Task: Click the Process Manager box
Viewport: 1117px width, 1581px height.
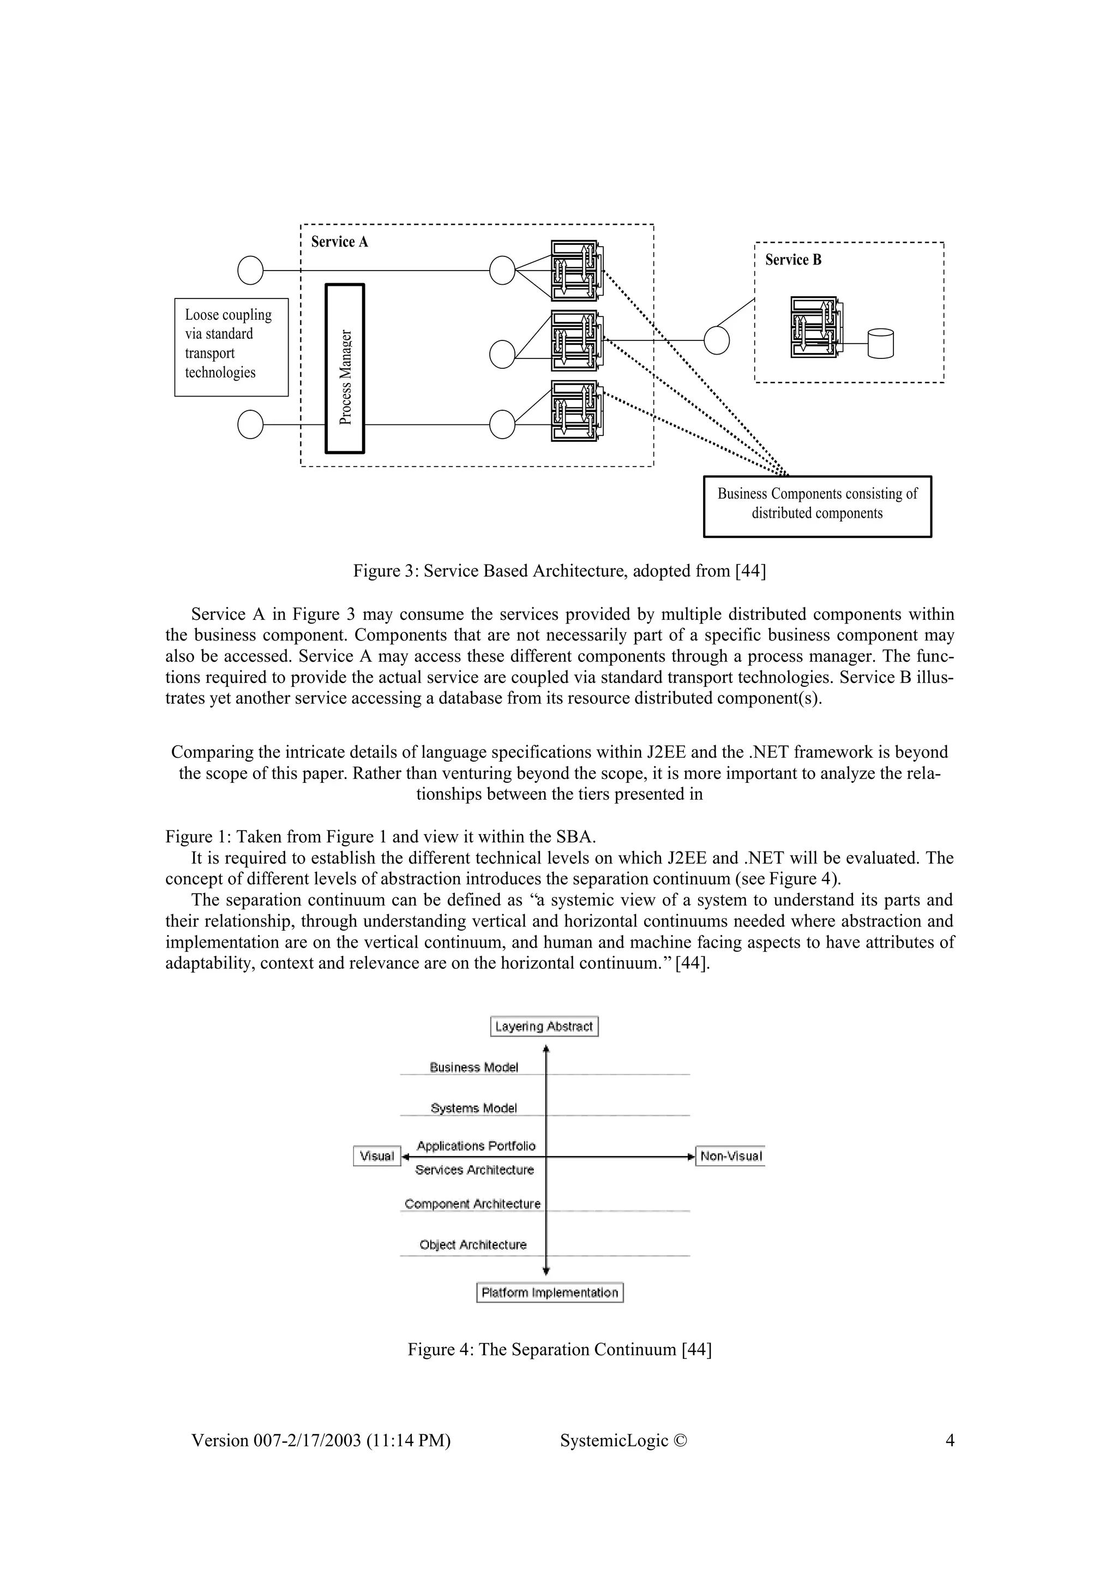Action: coord(345,368)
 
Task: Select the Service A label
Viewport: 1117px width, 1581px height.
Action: coord(339,242)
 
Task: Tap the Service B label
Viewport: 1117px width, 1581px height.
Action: coord(793,260)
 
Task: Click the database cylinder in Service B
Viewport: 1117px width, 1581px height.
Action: coord(880,344)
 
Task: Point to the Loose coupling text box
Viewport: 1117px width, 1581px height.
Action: coord(231,347)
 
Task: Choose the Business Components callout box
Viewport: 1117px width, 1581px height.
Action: coord(817,506)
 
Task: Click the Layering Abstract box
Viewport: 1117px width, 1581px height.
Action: coord(544,1027)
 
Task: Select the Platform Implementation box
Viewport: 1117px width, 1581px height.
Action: coord(549,1292)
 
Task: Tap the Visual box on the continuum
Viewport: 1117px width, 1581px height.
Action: coord(376,1156)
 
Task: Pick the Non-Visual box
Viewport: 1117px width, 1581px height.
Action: coord(730,1156)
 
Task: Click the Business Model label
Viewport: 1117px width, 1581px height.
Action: coord(473,1067)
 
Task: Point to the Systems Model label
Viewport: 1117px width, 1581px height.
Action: coord(473,1108)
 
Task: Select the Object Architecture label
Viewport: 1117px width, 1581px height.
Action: coord(473,1244)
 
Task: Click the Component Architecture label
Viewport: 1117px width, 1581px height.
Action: coord(472,1203)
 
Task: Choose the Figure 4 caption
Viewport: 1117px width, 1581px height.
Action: coord(559,1350)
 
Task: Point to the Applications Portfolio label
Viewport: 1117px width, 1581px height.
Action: coord(476,1146)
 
